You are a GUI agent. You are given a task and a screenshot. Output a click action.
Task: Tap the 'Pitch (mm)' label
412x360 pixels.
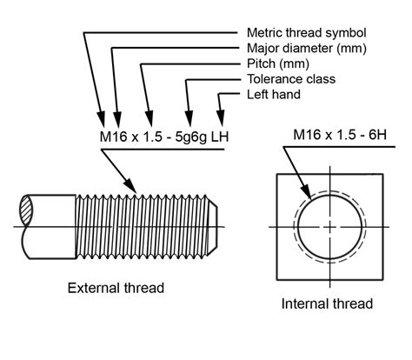[276, 63]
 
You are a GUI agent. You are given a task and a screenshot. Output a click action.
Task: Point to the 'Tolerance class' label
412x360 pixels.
[289, 79]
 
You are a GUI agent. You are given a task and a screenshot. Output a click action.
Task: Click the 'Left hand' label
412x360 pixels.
[275, 94]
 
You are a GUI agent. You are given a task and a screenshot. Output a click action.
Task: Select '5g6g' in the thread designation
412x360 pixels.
[188, 137]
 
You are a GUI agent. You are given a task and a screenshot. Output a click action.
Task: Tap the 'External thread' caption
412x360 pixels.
[116, 288]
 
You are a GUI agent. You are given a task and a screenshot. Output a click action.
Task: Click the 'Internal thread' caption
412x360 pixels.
[327, 303]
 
